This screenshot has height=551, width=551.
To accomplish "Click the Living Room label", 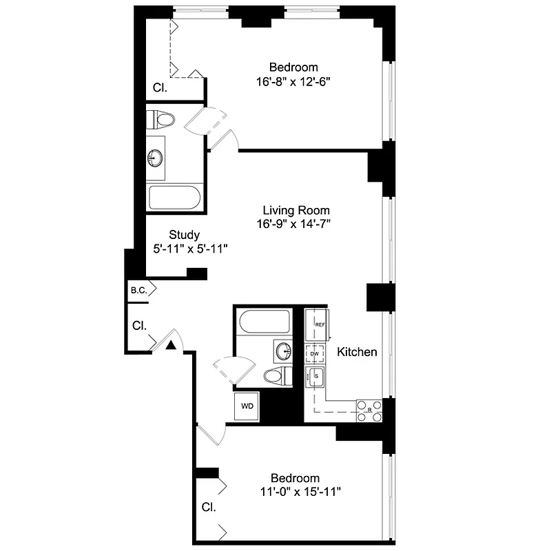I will click(x=296, y=210).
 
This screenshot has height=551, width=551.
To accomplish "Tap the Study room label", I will click(x=184, y=234).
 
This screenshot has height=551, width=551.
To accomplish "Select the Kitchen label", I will click(x=357, y=352).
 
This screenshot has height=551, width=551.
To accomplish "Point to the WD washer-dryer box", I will click(x=247, y=406).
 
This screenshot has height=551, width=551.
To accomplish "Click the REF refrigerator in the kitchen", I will click(x=319, y=324).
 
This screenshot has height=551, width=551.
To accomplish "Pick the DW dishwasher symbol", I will click(x=315, y=353).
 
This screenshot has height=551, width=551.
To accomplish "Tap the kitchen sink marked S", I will click(x=316, y=376).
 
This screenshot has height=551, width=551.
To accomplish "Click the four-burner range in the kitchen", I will click(x=368, y=410).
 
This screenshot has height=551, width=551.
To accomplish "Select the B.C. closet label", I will click(x=138, y=291).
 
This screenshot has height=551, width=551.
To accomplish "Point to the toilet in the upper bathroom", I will click(x=162, y=120).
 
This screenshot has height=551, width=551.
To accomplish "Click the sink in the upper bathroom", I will click(x=156, y=158).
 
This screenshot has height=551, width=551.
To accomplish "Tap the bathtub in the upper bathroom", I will click(x=175, y=198).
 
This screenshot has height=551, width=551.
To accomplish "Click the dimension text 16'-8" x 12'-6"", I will click(x=293, y=81).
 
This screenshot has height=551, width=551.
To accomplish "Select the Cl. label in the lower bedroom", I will click(x=209, y=508).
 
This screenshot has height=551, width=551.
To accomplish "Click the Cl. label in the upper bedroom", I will click(x=160, y=87).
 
